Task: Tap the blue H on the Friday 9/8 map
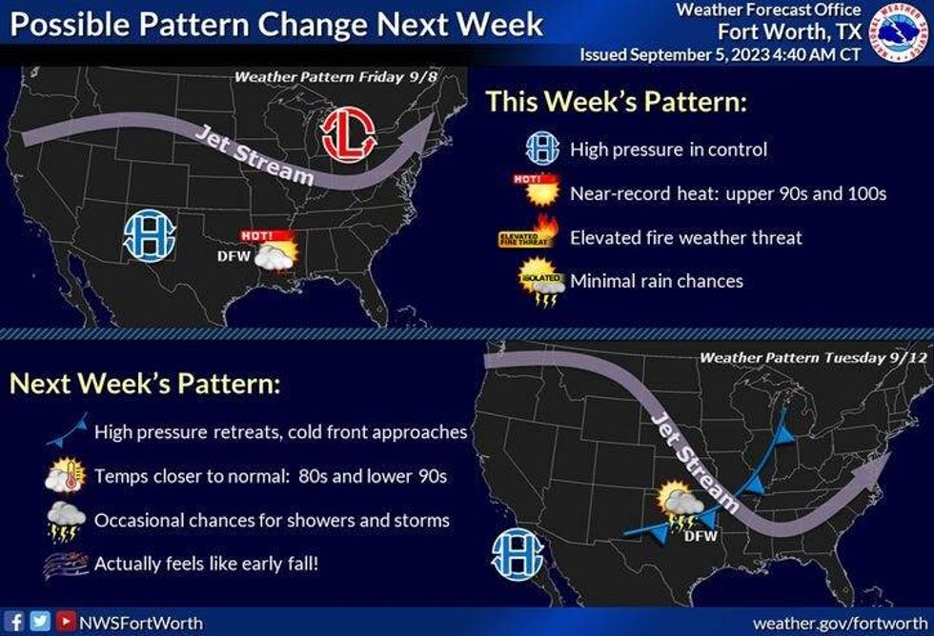tap(150, 234)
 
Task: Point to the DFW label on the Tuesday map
tap(700, 536)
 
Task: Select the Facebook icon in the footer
tap(16, 622)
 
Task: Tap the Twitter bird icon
tap(39, 622)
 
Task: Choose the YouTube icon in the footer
tap(64, 622)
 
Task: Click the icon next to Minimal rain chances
tap(539, 282)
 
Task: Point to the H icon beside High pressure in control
tap(541, 149)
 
